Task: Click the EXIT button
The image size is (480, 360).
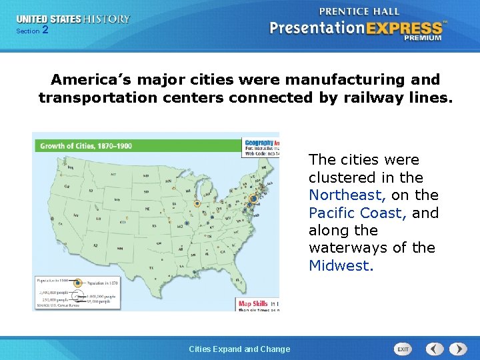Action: (x=403, y=349)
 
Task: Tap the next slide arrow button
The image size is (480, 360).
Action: (x=458, y=349)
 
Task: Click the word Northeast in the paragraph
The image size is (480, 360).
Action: (x=346, y=195)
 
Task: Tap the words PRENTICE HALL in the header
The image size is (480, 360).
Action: (x=359, y=11)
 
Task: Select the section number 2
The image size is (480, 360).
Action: (x=45, y=30)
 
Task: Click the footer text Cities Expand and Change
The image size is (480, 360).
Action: (x=239, y=349)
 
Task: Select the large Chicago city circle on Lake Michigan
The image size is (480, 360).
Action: (x=197, y=203)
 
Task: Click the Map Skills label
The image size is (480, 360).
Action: (x=253, y=304)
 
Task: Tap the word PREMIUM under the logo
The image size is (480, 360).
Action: (x=422, y=38)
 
